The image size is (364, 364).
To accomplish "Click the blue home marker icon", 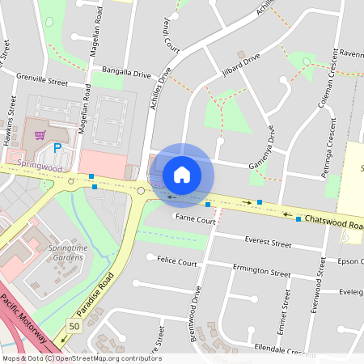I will [x=182, y=174].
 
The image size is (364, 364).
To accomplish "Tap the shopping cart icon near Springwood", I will [x=39, y=133].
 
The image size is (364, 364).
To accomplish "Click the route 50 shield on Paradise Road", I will [x=74, y=325].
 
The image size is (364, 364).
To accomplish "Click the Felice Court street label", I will [x=177, y=263].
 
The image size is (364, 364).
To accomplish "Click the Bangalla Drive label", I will [x=125, y=73].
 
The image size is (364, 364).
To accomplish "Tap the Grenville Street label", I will [x=42, y=82].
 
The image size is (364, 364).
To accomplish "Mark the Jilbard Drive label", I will [x=241, y=66].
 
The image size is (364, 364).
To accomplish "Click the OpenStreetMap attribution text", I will [x=81, y=358].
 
